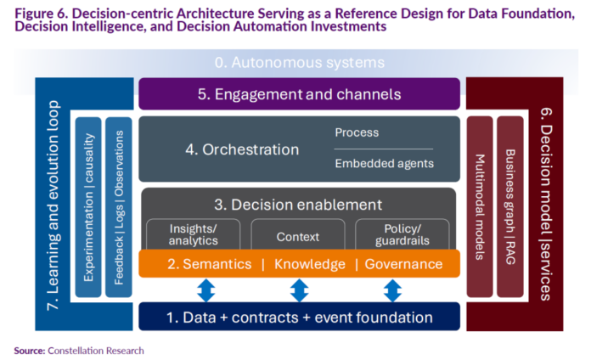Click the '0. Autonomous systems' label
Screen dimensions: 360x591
299,63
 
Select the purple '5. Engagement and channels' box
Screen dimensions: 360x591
299,94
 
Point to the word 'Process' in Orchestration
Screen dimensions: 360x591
357,133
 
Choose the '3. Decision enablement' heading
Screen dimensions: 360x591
299,205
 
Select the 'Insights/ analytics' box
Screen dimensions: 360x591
194,234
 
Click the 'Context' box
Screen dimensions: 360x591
298,236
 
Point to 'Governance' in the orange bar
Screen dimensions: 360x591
403,264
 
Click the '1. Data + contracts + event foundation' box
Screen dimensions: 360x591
299,318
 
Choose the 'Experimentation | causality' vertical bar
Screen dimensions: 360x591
88,206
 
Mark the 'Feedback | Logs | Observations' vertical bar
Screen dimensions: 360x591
118,206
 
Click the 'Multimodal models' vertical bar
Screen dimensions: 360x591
480,206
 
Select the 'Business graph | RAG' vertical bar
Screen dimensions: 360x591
509,206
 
